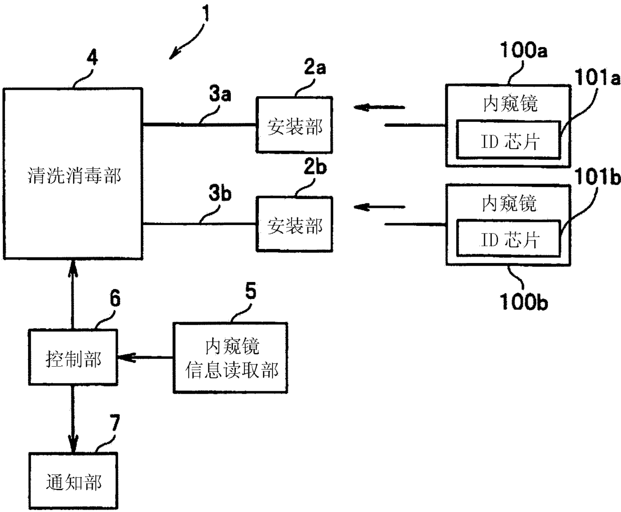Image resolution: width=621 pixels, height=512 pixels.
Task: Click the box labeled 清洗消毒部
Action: coord(73,173)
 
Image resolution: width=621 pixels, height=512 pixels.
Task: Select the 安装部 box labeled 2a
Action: coord(294,125)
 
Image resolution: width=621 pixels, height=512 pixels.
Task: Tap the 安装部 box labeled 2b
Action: coord(294,224)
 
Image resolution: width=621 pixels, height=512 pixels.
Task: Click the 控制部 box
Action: coord(73,357)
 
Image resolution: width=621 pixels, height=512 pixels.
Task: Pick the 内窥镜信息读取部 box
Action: coord(230,358)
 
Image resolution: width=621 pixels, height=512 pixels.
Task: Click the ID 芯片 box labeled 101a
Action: coord(509,140)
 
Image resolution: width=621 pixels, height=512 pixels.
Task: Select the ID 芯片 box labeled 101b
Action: coord(509,238)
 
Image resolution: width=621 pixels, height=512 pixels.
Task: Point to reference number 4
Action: coord(92,58)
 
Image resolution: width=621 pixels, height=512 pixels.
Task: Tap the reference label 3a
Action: coord(220,94)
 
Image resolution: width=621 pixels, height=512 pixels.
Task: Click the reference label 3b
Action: coord(220,193)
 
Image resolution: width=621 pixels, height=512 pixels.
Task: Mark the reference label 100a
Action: coord(524,50)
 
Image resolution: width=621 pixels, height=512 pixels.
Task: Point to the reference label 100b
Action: coord(524,302)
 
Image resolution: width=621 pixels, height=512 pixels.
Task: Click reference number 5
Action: coord(251,291)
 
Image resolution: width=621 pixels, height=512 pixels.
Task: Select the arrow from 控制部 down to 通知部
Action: coord(73,419)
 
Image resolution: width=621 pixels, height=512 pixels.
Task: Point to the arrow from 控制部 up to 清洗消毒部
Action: coord(73,295)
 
